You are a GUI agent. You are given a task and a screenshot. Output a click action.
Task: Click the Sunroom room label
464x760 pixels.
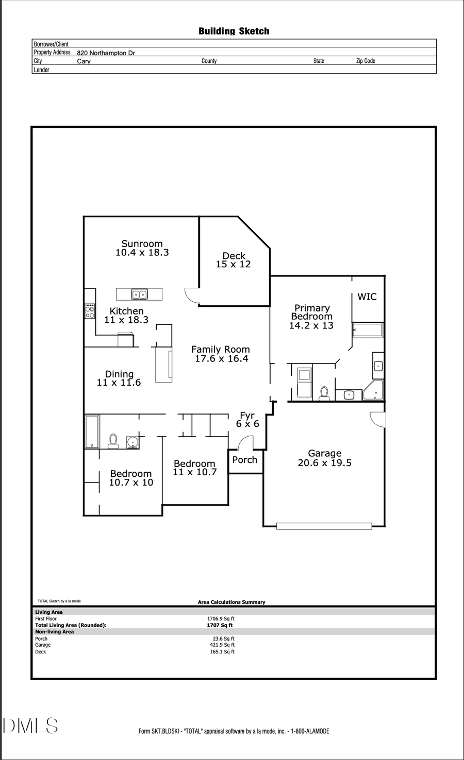tap(142, 244)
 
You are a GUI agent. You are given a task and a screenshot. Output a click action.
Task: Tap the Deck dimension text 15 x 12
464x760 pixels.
tap(233, 264)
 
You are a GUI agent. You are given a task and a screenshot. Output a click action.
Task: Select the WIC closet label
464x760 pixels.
tap(367, 297)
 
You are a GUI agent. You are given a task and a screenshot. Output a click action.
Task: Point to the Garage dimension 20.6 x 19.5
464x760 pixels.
tap(324, 463)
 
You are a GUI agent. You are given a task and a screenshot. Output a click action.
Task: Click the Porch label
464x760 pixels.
tap(244, 460)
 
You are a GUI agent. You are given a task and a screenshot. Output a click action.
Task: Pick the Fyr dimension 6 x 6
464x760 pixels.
tap(247, 424)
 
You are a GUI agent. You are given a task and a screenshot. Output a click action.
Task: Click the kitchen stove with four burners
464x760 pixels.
tap(90, 311)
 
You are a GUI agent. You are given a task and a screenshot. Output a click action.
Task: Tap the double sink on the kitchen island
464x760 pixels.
tap(139, 295)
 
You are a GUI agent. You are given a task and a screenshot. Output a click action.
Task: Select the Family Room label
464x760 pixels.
tap(221, 349)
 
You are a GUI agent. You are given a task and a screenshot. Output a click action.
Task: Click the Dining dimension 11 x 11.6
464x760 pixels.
tap(119, 383)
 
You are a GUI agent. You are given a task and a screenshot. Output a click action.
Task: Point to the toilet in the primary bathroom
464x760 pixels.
tap(324, 393)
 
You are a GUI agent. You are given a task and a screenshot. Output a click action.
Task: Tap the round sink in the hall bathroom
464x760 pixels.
tap(132, 442)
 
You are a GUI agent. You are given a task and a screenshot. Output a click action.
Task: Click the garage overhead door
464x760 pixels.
tap(324, 526)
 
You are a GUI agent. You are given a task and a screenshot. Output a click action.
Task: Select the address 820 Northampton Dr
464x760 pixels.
tap(106, 53)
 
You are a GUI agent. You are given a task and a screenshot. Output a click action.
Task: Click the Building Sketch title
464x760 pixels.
tap(234, 31)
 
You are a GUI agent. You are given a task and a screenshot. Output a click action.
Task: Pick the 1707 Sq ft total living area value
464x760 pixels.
tap(220, 625)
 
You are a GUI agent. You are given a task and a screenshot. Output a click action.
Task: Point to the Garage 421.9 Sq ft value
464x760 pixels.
tap(221, 645)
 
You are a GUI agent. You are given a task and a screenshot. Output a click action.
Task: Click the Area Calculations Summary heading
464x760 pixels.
tap(231, 602)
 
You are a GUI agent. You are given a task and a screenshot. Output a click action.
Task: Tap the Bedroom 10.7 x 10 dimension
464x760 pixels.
tap(131, 482)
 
